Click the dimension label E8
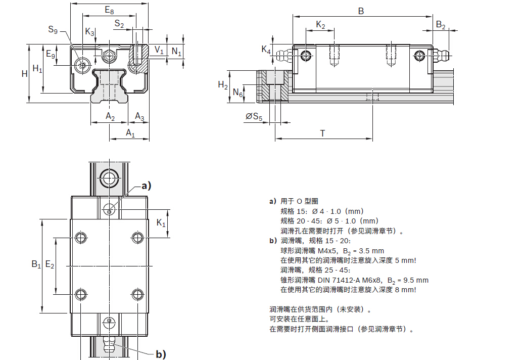109,10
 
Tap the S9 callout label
53,30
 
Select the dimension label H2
223,84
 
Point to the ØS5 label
254,117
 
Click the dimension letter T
322,133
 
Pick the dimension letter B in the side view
361,10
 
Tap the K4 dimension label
266,49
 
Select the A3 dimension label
139,117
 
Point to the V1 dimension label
159,50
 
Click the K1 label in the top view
161,223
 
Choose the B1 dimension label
35,264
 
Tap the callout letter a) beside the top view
146,186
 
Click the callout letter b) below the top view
160,354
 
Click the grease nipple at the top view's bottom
109,345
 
